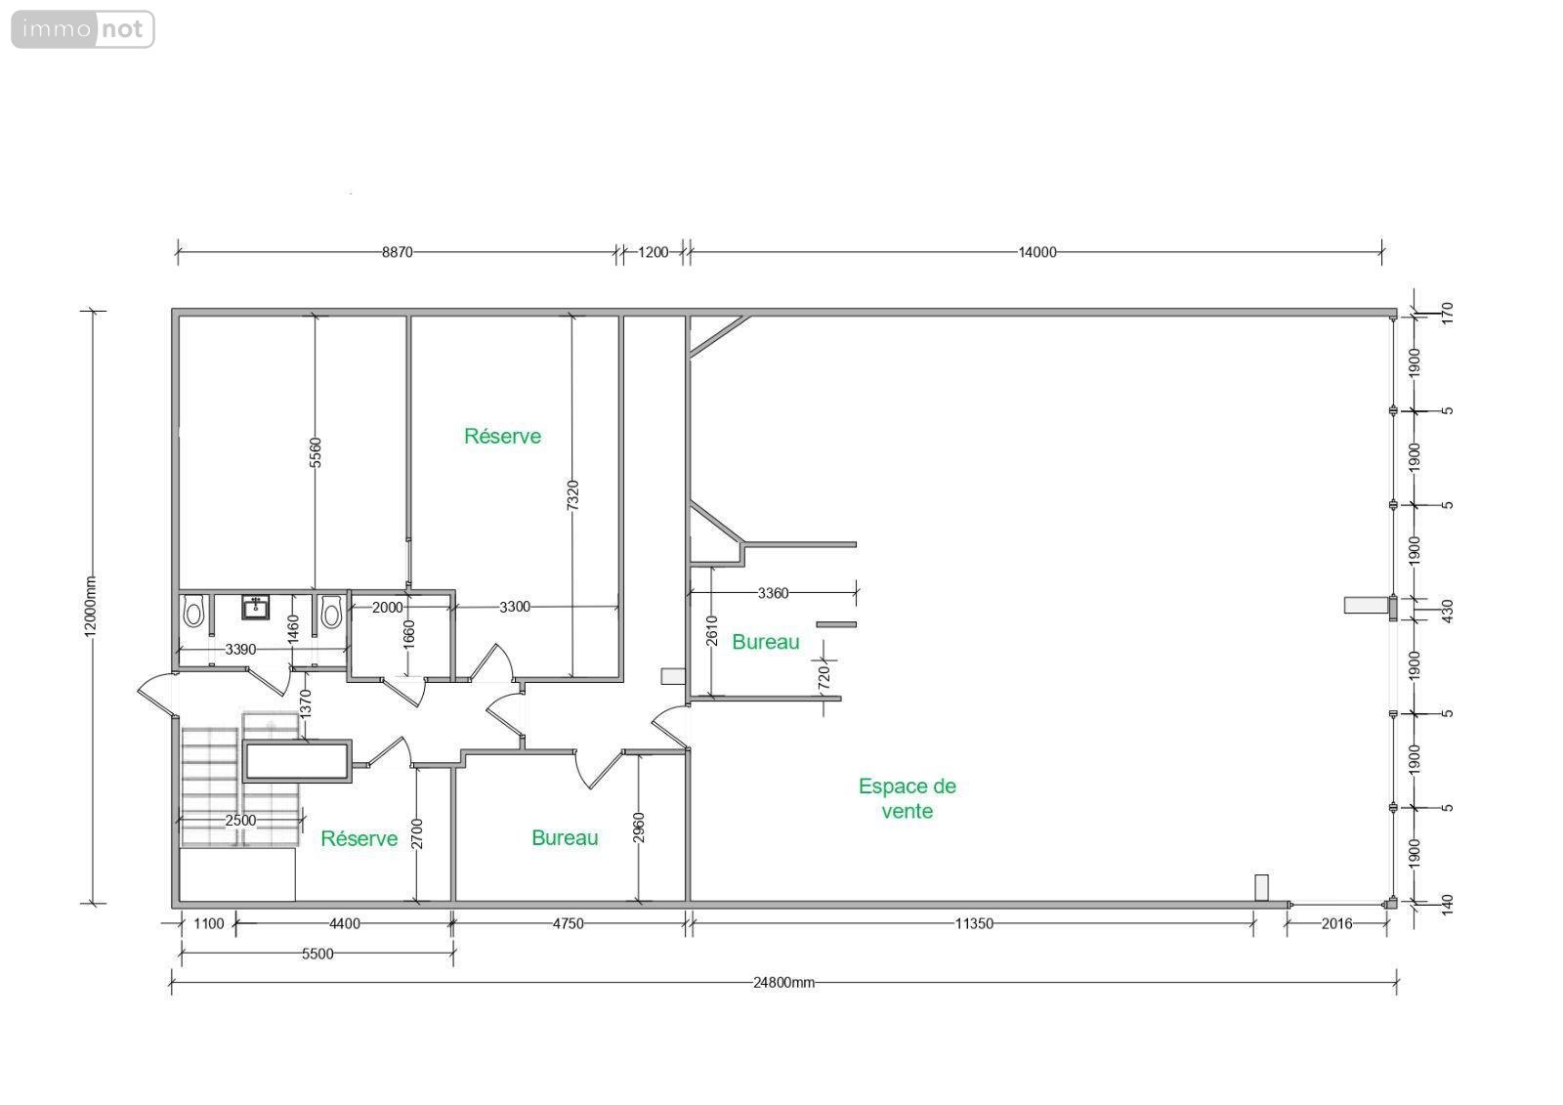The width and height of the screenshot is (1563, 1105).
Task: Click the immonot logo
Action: point(83,29)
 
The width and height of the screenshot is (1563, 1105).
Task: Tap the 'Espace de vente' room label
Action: point(908,798)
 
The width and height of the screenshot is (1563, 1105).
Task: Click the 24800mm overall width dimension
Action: point(783,982)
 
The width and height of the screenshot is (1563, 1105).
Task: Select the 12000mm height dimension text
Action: point(91,607)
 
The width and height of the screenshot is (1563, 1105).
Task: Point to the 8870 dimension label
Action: point(397,252)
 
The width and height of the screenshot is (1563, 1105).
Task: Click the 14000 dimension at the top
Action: point(1036,252)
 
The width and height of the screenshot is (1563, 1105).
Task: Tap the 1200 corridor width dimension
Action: point(654,252)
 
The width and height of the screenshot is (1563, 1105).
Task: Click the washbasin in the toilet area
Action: point(255,608)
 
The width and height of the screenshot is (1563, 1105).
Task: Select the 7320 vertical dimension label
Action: point(572,495)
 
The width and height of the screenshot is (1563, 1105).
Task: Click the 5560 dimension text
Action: point(316,452)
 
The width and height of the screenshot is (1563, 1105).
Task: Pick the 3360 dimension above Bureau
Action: point(773,593)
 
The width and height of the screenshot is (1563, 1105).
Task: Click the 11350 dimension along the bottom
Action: point(974,923)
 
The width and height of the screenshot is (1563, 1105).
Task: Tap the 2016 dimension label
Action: point(1337,923)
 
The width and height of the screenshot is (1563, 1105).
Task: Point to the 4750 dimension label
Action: point(568,923)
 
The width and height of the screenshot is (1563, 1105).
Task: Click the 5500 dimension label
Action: point(317,954)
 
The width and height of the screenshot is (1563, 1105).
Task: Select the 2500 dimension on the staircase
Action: point(240,820)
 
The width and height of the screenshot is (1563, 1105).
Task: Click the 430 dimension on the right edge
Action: point(1447,612)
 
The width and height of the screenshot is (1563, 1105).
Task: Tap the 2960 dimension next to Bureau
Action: point(639,828)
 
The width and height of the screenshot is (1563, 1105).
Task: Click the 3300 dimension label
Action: point(515,607)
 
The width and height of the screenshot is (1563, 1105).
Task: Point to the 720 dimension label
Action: point(824,678)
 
